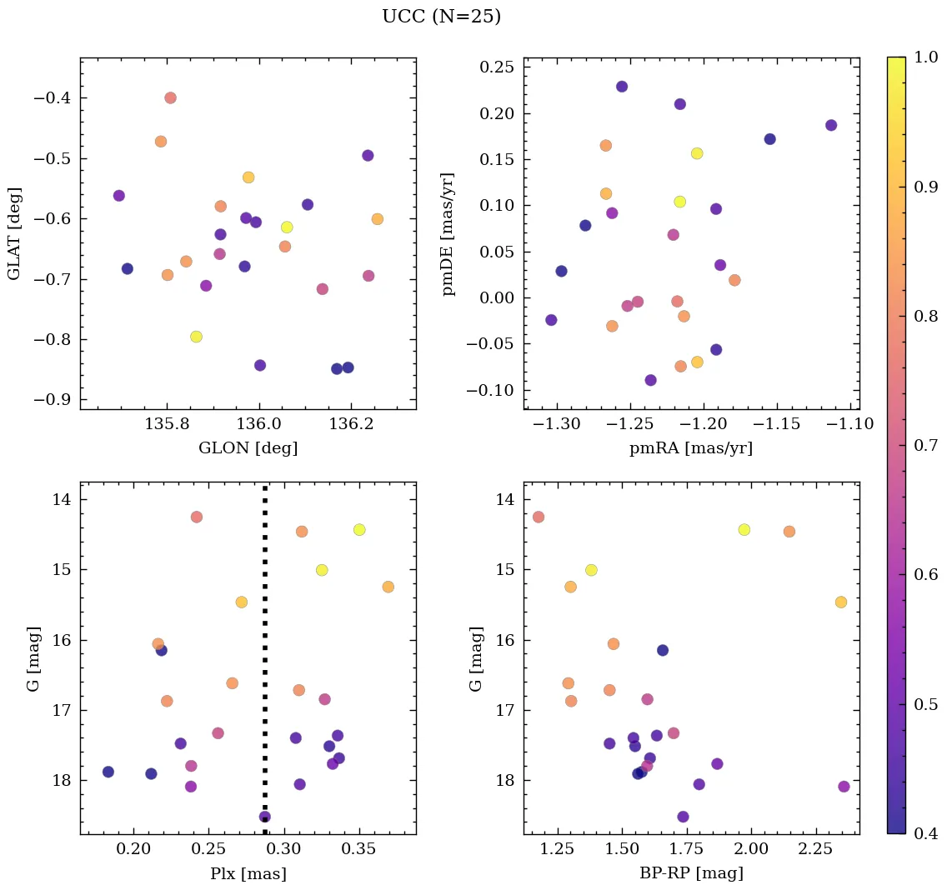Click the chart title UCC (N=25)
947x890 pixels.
click(x=441, y=17)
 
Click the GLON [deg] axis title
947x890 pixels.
click(x=248, y=448)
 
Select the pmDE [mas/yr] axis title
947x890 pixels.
click(x=449, y=233)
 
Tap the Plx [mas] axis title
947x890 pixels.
click(x=248, y=873)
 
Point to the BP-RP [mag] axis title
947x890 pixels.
click(x=691, y=873)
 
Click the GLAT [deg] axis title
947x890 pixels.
click(x=14, y=233)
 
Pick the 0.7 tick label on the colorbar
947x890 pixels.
click(x=927, y=445)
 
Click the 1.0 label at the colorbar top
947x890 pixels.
click(x=927, y=57)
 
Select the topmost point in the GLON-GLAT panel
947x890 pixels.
click(x=170, y=97)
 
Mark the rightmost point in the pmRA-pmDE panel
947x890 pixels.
click(x=830, y=125)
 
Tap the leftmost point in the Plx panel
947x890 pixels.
click(x=108, y=772)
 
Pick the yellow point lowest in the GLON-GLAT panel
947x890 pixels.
click(x=196, y=337)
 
